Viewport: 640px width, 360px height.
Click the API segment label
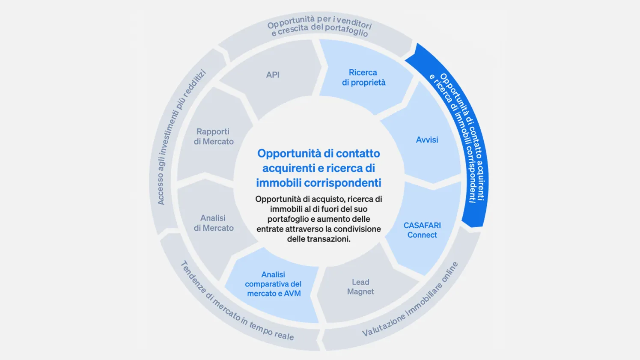[273, 75]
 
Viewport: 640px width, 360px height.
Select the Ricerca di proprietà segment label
[363, 77]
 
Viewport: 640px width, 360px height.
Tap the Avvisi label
[427, 140]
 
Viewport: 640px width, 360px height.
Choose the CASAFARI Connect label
[422, 230]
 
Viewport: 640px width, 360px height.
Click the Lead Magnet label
[360, 286]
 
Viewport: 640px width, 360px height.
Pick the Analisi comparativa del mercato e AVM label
[273, 284]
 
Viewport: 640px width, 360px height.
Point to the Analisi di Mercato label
[214, 223]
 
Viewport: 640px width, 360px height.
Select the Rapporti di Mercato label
[214, 136]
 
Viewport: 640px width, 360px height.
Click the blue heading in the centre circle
[319, 168]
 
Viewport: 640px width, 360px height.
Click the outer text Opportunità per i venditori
[319, 22]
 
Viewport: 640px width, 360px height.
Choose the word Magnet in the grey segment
[360, 292]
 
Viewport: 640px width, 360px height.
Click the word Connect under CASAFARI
[422, 235]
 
